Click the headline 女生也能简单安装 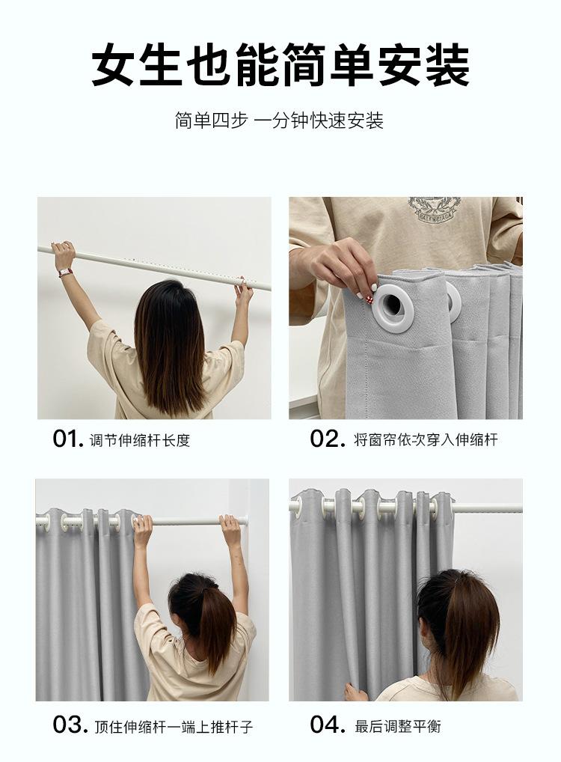tap(280, 66)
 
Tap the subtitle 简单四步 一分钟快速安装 tap(279, 121)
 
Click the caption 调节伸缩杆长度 tap(139, 440)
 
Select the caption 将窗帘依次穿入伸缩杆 tap(426, 440)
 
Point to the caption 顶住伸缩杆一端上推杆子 tap(174, 727)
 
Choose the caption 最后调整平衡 tap(398, 727)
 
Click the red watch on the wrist tap(65, 272)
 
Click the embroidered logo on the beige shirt tap(433, 210)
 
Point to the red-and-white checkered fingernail tap(373, 287)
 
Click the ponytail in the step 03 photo tap(209, 618)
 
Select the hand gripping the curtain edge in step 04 tap(355, 691)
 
